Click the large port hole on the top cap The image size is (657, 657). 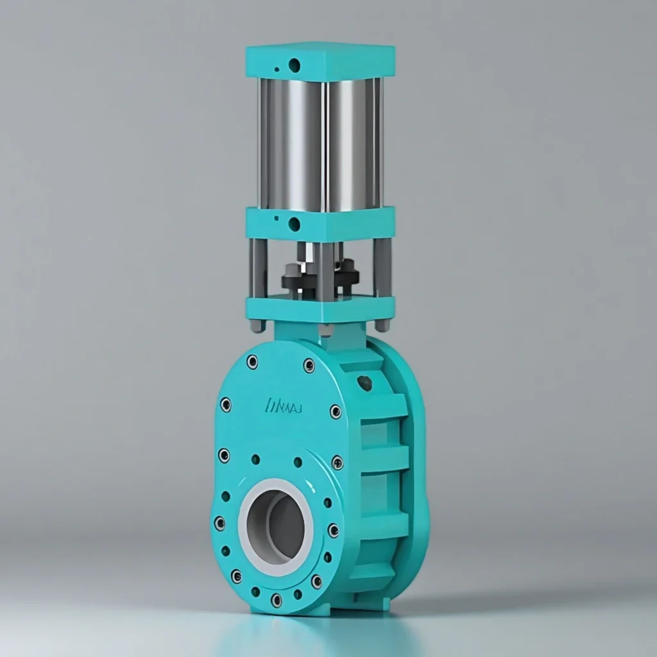294,65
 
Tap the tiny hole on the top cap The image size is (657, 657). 277,69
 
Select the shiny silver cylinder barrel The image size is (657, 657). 320,144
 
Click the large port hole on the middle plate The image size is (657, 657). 294,224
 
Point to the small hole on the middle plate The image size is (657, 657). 276,219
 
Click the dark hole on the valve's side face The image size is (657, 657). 364,383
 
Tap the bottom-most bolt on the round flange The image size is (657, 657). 276,600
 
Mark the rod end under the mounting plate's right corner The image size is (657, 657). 382,325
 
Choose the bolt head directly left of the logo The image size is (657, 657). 226,404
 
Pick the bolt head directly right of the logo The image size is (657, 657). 336,411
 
